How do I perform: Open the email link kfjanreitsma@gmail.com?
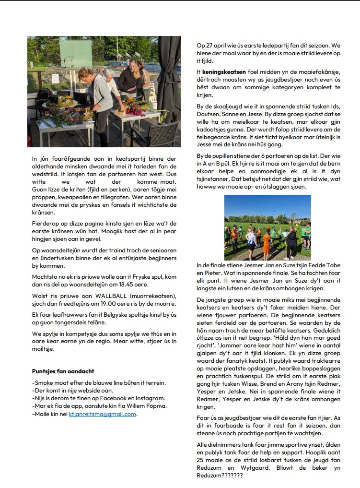coord(102,414)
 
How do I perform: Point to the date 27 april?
coord(213,45)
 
